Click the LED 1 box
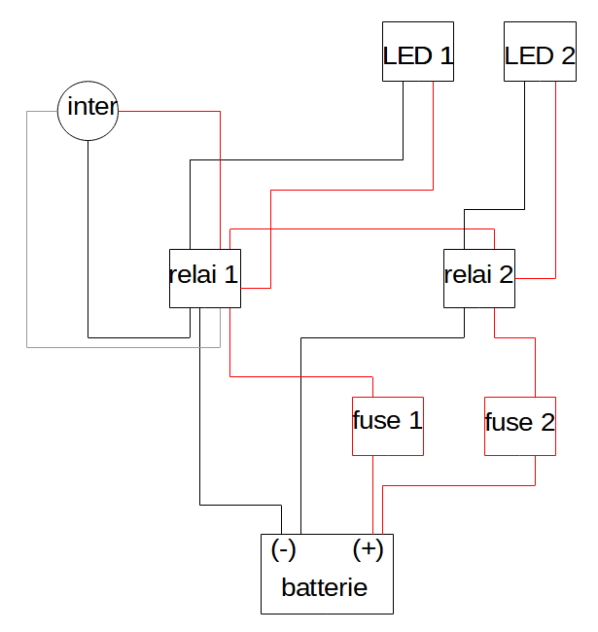click(418, 53)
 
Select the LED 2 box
click(540, 53)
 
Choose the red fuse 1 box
click(387, 426)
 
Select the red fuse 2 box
click(520, 426)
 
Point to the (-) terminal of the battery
click(284, 549)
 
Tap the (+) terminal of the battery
click(368, 549)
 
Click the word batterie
click(324, 587)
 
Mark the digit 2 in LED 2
click(568, 55)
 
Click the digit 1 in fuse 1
click(415, 421)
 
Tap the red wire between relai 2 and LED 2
click(555, 194)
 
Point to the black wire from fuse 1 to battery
click(374, 496)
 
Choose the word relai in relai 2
click(468, 274)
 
